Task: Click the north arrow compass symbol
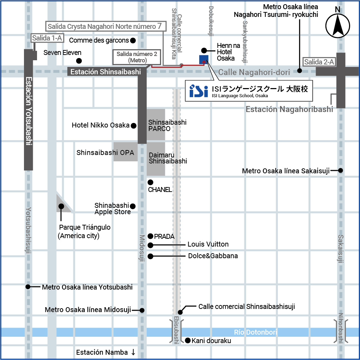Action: click(x=337, y=25)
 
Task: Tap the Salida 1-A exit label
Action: click(x=47, y=38)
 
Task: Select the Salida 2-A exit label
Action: click(x=319, y=62)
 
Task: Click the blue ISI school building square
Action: click(x=204, y=60)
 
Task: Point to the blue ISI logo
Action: click(x=199, y=91)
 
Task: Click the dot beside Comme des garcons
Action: click(x=133, y=41)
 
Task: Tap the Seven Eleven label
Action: click(x=62, y=52)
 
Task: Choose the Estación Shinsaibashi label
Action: click(x=105, y=72)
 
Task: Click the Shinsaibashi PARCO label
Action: click(x=167, y=125)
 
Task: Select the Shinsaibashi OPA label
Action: click(x=105, y=153)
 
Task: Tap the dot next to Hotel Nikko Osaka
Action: click(x=134, y=126)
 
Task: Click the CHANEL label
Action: click(x=160, y=190)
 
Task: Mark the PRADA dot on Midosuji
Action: click(x=150, y=236)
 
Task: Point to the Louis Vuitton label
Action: click(x=208, y=244)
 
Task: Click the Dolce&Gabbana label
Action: click(x=213, y=256)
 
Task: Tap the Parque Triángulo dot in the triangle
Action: click(x=61, y=206)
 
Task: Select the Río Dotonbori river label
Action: click(x=255, y=332)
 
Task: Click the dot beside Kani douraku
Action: click(x=188, y=341)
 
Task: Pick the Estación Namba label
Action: click(x=102, y=352)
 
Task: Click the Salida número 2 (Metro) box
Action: click(x=136, y=57)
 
